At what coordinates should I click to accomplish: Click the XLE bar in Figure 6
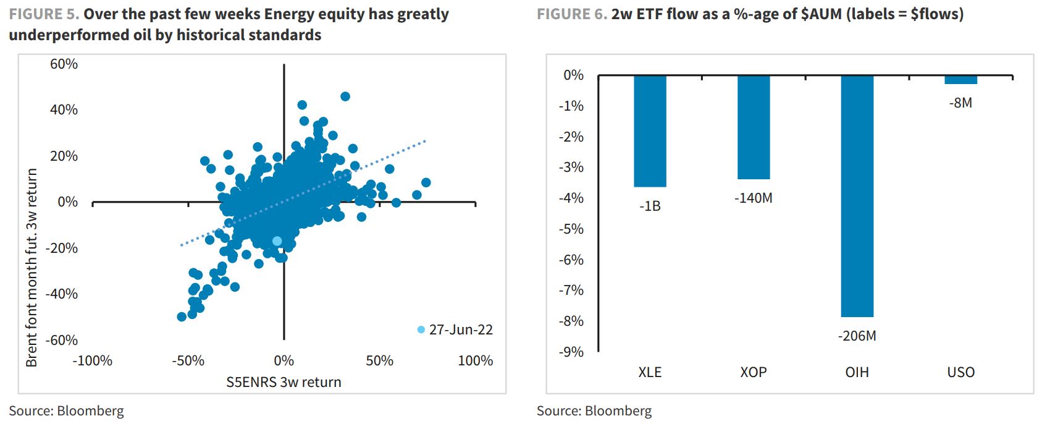click(x=650, y=131)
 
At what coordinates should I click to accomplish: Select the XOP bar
click(x=754, y=127)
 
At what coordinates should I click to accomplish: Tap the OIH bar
click(x=857, y=196)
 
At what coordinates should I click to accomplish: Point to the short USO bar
click(x=961, y=80)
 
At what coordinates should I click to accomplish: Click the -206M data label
click(x=857, y=336)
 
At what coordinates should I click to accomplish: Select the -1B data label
click(x=650, y=206)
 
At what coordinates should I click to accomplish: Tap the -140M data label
click(x=753, y=198)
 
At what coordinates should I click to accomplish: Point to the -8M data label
click(x=960, y=103)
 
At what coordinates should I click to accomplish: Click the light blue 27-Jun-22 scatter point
click(x=277, y=241)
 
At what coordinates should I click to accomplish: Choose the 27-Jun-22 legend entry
click(x=455, y=329)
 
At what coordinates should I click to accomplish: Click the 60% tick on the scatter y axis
click(x=64, y=64)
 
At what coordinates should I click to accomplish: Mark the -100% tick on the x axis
click(x=93, y=360)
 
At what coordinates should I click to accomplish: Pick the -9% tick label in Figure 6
click(x=571, y=352)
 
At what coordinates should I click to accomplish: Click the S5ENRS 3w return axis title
click(x=284, y=382)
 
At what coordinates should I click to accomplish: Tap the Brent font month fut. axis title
click(x=31, y=268)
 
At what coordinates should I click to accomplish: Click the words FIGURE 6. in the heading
click(x=572, y=14)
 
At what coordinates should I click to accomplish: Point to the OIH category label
click(x=857, y=372)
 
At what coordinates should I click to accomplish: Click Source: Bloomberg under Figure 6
click(x=594, y=411)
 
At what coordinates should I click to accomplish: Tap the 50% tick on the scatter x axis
click(x=380, y=360)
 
